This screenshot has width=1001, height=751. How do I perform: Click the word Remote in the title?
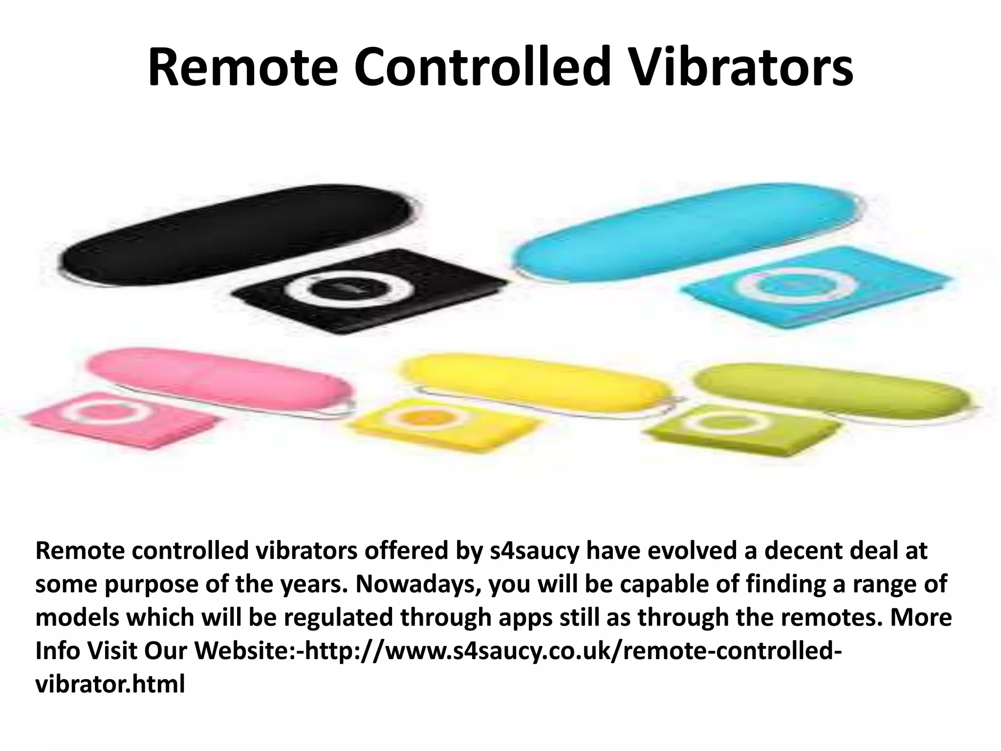[x=242, y=67]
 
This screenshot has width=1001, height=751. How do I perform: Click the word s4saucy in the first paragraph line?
[x=534, y=552]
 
